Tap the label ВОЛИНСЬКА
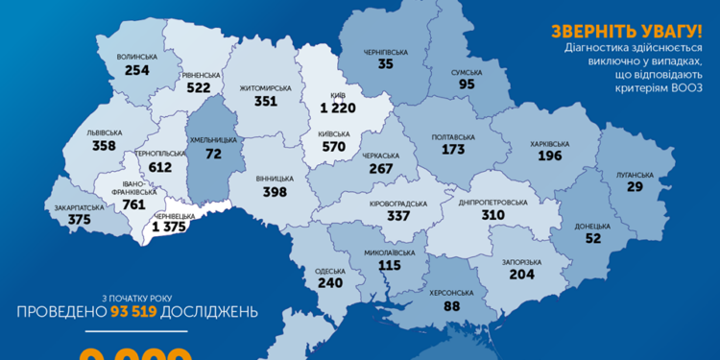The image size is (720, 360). coord(137,58)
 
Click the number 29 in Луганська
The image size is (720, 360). coord(636,187)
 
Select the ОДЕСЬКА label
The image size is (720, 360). coord(329,271)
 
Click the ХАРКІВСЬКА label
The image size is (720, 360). coord(549,145)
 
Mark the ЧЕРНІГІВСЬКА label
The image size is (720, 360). coord(386,52)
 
